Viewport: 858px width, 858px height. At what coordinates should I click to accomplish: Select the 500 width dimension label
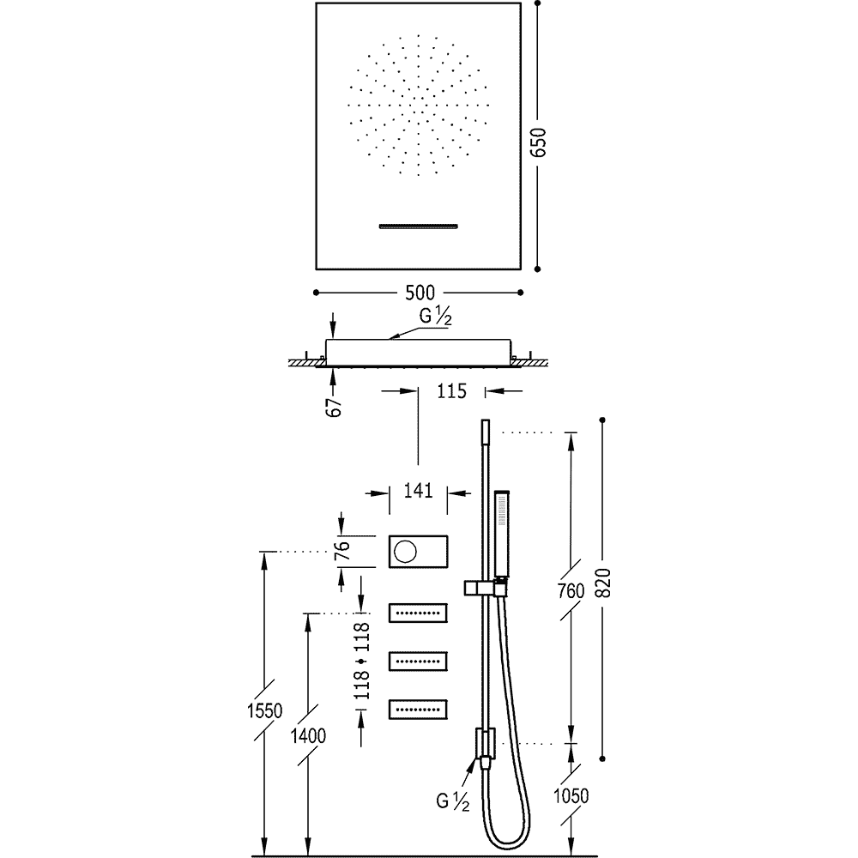[x=420, y=291]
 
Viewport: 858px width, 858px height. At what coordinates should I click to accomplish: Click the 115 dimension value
[x=451, y=391]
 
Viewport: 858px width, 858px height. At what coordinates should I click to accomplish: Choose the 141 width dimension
[x=417, y=492]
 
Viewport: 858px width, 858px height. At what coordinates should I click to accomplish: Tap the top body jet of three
[x=420, y=613]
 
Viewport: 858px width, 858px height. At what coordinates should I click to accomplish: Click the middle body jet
[x=420, y=661]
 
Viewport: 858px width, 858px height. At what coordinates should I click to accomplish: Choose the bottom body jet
[x=420, y=709]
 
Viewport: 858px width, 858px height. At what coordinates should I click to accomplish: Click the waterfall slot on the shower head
[x=420, y=226]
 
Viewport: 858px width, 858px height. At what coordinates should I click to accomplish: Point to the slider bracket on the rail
[x=485, y=588]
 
